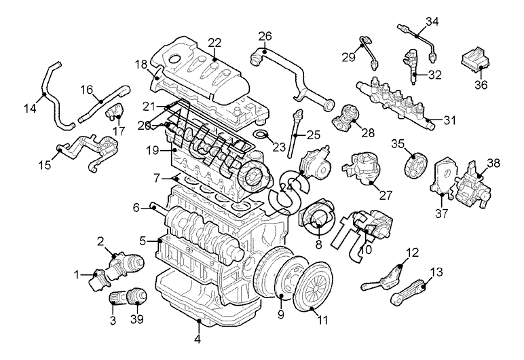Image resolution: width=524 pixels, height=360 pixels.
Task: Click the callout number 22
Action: [x=215, y=43]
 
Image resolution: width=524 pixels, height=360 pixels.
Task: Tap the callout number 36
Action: [x=481, y=85]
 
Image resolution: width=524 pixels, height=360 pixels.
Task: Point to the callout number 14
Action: [x=30, y=108]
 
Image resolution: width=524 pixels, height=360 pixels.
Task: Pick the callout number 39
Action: [x=137, y=320]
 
